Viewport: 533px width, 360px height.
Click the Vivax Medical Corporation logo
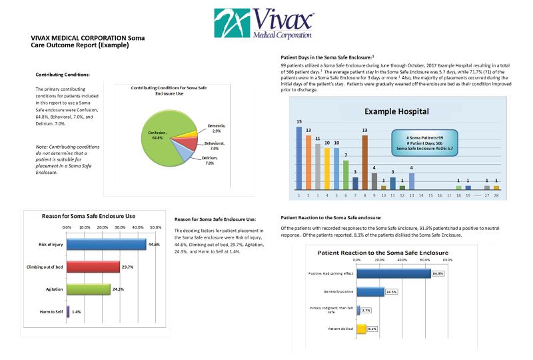click(x=266, y=24)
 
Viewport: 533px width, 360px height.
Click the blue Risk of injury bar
click(x=106, y=245)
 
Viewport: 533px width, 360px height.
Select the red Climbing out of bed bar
click(x=93, y=267)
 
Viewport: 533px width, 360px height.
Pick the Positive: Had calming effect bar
click(x=394, y=273)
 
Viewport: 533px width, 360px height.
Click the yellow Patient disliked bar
click(x=362, y=329)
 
